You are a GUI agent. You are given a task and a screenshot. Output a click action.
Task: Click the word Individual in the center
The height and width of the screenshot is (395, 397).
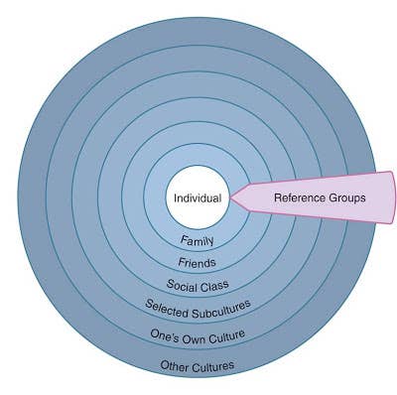click(198, 197)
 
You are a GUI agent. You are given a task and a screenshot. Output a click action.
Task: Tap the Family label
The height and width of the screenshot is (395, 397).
click(198, 240)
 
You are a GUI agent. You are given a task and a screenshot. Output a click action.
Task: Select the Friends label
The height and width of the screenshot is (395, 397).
click(198, 263)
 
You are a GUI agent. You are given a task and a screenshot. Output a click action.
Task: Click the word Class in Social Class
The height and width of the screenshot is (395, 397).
click(215, 285)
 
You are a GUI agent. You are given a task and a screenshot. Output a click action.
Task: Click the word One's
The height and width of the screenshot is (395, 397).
click(164, 334)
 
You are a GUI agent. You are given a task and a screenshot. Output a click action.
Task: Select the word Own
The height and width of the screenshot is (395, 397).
click(193, 336)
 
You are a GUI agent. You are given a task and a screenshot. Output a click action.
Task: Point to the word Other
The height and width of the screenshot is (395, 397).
click(176, 366)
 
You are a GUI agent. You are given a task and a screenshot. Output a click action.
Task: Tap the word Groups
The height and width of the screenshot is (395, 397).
click(346, 197)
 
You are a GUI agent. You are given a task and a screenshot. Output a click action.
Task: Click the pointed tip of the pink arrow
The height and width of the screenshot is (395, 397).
click(230, 197)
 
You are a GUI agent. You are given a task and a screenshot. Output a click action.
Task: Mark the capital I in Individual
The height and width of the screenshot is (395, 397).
click(176, 197)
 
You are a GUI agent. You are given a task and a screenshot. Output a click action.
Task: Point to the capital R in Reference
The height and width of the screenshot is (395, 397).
click(277, 197)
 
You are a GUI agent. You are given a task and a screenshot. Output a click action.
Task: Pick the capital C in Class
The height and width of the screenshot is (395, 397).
click(205, 286)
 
